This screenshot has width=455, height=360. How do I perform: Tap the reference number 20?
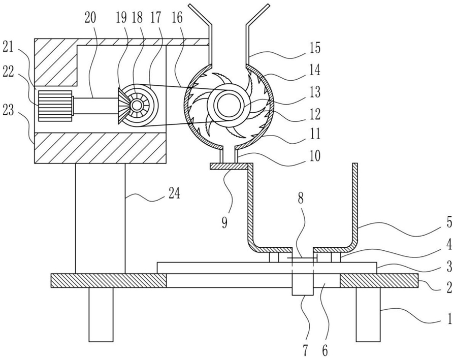(90, 18)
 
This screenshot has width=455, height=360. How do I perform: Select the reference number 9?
(224, 223)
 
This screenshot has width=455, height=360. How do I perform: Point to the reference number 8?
(300, 199)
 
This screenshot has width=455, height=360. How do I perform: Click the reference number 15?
(314, 48)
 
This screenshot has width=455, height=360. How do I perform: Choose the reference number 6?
(325, 351)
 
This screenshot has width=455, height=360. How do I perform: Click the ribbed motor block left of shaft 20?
(55, 106)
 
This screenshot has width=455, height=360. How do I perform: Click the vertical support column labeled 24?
(101, 218)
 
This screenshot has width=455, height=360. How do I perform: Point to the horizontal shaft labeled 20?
(96, 106)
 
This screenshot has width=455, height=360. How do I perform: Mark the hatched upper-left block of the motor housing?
(56, 62)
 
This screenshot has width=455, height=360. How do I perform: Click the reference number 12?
(314, 114)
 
